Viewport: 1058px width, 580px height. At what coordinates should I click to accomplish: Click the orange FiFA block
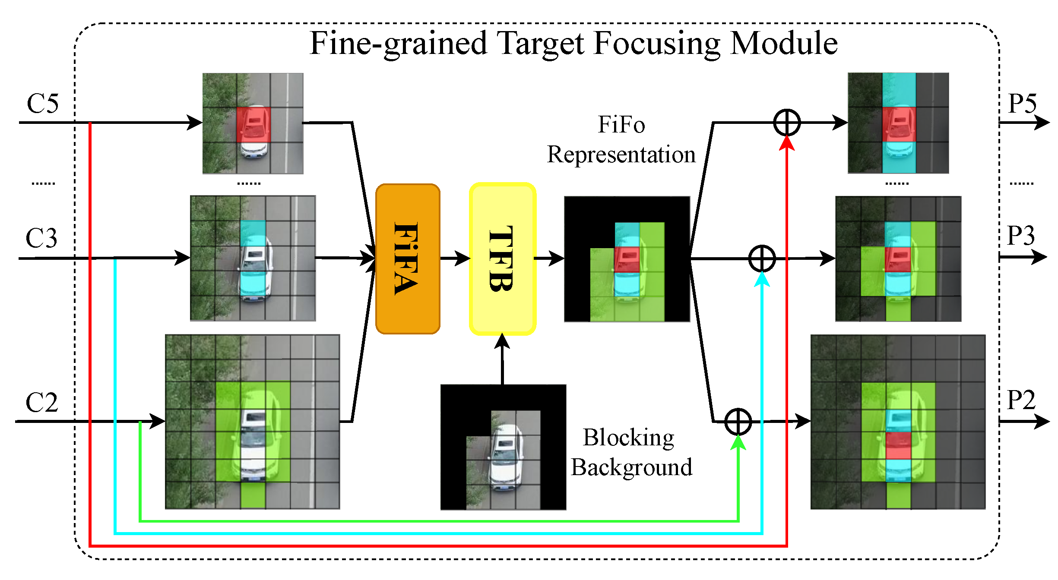[x=408, y=259]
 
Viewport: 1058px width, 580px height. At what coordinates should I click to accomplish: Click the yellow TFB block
[x=502, y=259]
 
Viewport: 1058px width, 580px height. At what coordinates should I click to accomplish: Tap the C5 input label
[x=42, y=104]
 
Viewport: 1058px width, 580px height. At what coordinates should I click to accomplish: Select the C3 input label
[x=41, y=238]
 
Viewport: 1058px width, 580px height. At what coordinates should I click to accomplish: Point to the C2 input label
[x=41, y=403]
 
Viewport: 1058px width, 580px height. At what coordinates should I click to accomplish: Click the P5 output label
[x=1022, y=104]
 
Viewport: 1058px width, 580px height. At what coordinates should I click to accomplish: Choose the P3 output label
[x=1021, y=236]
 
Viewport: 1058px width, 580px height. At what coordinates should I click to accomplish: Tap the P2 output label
[x=1021, y=400]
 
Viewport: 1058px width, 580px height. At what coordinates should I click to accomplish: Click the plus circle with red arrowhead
[x=787, y=123]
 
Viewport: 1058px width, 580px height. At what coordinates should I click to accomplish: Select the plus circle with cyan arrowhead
[x=762, y=258]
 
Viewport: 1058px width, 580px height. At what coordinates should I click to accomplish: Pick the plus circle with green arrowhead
[x=738, y=422]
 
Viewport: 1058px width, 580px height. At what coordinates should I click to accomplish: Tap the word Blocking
[x=628, y=438]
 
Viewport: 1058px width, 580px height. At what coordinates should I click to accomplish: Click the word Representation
[x=621, y=154]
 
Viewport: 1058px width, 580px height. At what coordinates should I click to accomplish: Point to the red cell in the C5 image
[x=253, y=125]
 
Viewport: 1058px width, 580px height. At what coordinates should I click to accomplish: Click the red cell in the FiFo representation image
[x=627, y=259]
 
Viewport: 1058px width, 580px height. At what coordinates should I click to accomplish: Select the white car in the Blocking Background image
[x=505, y=457]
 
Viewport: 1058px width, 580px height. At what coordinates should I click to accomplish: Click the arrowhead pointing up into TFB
[x=502, y=341]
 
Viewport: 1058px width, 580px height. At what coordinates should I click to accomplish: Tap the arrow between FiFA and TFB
[x=455, y=258]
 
